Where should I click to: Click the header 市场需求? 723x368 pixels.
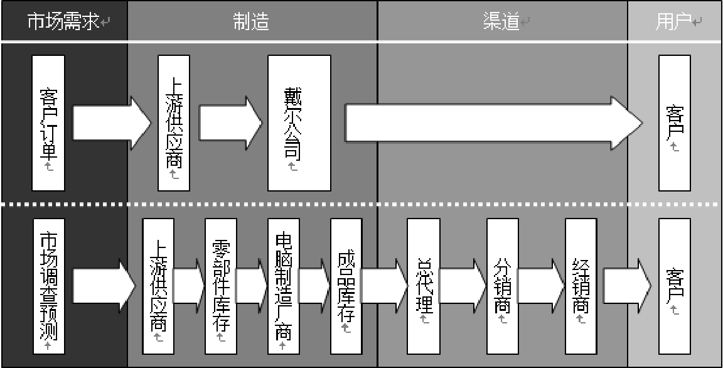click(63, 21)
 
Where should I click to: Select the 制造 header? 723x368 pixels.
click(251, 21)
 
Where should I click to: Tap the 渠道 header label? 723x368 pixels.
click(502, 21)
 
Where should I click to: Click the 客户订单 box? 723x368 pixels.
click(48, 123)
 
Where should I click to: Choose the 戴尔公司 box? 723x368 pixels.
click(299, 123)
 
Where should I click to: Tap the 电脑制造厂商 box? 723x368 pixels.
click(283, 287)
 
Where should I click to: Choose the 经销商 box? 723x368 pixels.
click(581, 287)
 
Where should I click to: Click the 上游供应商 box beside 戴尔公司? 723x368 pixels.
click(174, 123)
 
